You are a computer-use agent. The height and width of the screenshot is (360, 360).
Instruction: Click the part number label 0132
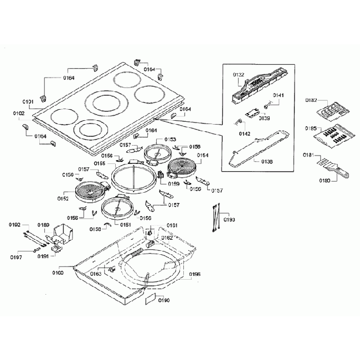click(239, 74)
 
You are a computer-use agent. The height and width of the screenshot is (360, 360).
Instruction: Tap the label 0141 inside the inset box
click(278, 95)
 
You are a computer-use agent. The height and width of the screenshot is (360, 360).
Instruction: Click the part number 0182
click(311, 100)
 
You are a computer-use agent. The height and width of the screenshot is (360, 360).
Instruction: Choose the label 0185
click(310, 128)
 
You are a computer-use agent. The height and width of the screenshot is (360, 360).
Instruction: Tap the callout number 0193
click(229, 220)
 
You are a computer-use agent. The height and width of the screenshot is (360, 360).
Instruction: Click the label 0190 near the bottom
click(164, 300)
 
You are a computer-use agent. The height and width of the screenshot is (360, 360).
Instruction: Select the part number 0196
click(194, 274)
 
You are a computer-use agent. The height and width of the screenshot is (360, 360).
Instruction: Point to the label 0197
click(16, 257)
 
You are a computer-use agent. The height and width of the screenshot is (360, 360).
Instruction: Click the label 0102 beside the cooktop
click(19, 113)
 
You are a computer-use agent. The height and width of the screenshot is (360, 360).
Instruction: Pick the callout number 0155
click(99, 163)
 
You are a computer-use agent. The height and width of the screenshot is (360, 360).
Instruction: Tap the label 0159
click(174, 183)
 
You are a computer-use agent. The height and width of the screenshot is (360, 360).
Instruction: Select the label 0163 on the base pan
click(96, 274)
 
